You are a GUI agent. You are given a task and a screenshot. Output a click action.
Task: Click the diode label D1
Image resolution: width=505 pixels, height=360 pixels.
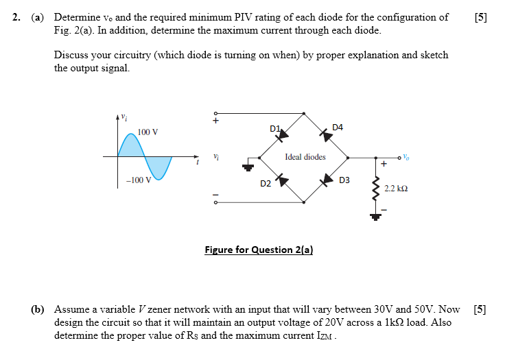(275, 128)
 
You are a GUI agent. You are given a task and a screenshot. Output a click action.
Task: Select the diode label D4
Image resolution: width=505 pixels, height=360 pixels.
(337, 128)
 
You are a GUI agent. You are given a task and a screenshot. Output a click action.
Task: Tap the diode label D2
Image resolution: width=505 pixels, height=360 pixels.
(266, 184)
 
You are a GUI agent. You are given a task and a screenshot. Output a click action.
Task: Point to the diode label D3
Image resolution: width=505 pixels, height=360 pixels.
(344, 180)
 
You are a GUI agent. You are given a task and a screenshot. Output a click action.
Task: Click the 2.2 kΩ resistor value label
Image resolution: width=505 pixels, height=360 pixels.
(397, 187)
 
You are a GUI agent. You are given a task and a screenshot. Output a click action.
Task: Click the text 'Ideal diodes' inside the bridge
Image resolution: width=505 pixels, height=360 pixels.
(305, 157)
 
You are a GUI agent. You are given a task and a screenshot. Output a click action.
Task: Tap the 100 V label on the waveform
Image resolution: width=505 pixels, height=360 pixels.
(148, 132)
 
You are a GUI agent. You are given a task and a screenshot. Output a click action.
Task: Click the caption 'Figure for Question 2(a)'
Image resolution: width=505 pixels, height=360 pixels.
(259, 250)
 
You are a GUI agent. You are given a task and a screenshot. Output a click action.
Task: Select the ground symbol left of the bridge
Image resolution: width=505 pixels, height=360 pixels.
(246, 165)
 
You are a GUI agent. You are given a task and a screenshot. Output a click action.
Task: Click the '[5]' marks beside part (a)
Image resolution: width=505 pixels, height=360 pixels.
(480, 17)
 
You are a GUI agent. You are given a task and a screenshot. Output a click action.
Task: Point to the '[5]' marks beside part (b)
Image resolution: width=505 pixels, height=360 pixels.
(480, 309)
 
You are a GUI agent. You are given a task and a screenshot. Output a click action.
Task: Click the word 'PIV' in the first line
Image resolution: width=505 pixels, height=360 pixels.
(226, 17)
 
